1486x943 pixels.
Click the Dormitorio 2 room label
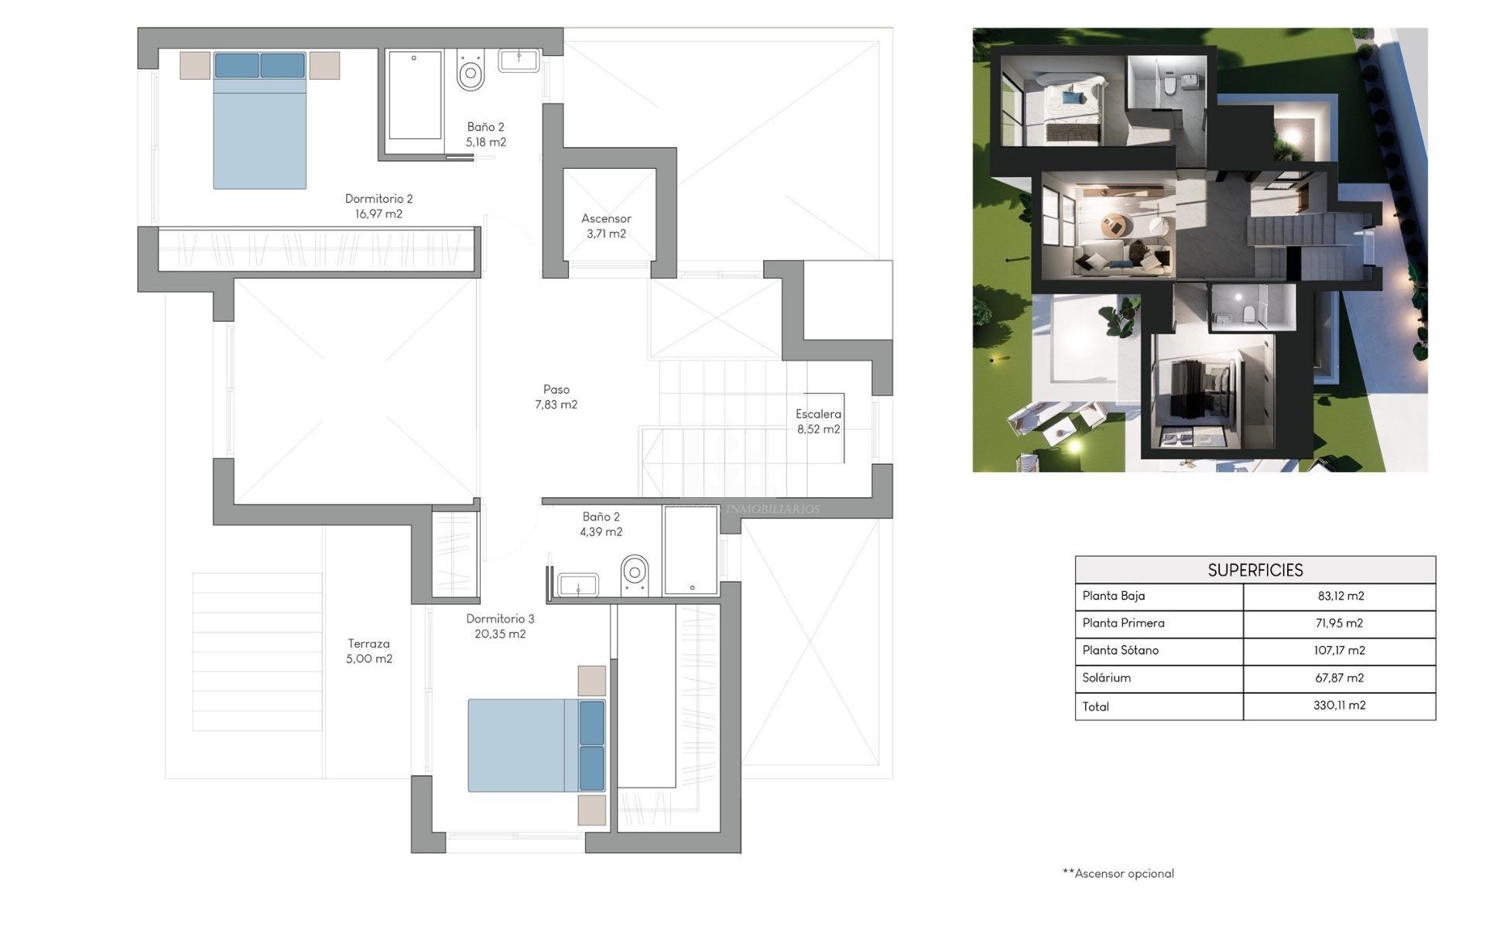(x=378, y=207)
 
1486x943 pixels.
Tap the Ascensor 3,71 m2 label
(x=606, y=226)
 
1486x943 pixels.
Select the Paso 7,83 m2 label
(x=556, y=397)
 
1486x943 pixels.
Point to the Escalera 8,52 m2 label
(x=818, y=422)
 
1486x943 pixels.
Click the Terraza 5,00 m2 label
(x=368, y=651)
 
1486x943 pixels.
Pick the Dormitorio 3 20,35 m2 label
(x=500, y=627)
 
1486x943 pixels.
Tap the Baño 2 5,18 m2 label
(x=485, y=135)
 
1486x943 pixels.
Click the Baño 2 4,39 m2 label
(x=601, y=524)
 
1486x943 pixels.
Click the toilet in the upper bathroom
(x=471, y=72)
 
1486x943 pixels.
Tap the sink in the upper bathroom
(x=519, y=60)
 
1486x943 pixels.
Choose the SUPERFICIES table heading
(x=1255, y=570)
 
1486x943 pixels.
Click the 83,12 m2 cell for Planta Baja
(x=1340, y=596)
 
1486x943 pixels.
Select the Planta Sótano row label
(x=1120, y=651)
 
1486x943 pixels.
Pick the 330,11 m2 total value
(x=1339, y=706)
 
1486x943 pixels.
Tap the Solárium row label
(x=1106, y=678)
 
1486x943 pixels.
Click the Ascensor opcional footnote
(x=1118, y=873)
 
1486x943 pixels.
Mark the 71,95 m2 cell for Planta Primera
(x=1340, y=624)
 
